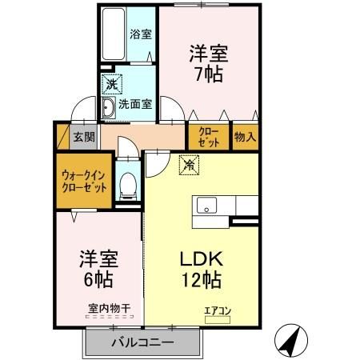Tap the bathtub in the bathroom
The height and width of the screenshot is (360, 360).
114,34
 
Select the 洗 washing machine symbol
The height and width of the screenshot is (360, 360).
110,83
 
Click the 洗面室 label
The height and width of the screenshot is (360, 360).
136,103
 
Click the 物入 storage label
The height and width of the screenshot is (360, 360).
245,137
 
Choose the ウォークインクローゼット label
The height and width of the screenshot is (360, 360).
85,182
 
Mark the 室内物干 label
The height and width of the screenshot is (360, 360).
109,307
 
